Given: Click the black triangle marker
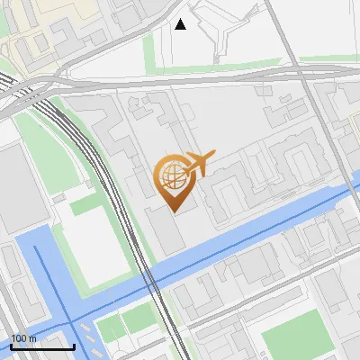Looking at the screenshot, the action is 181,24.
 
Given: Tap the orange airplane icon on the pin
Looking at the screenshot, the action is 197,165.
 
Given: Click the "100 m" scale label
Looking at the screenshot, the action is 23,338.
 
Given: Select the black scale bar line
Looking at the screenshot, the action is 41,346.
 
